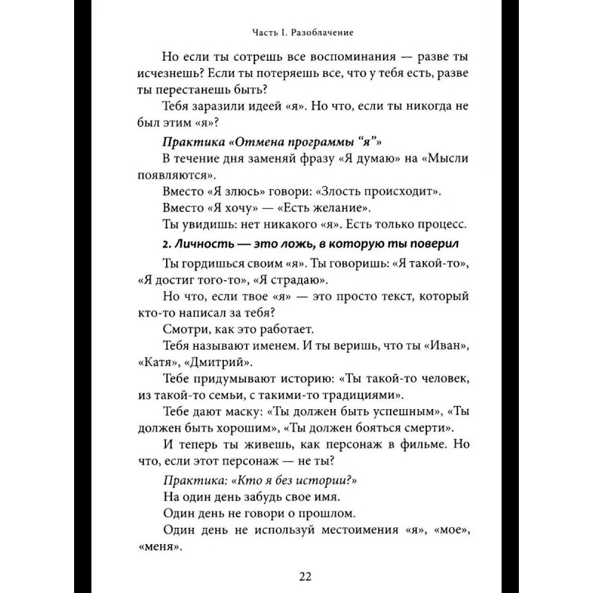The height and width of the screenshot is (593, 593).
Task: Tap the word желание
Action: (x=336, y=208)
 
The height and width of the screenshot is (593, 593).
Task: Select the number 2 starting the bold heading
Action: (x=164, y=243)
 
